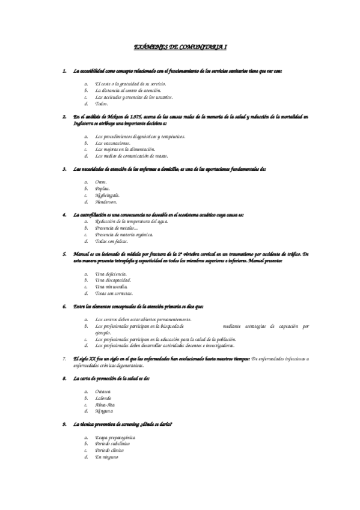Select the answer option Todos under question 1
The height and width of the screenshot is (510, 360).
(x=102, y=103)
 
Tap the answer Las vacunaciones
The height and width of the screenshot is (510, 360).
(x=112, y=143)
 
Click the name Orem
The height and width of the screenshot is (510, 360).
(x=101, y=182)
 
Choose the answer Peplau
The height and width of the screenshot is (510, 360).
(x=102, y=189)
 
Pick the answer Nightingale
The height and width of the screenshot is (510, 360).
(x=107, y=195)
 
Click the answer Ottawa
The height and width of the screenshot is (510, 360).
(x=103, y=392)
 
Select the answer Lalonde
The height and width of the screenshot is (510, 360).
(x=103, y=398)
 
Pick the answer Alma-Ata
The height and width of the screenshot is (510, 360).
(x=105, y=405)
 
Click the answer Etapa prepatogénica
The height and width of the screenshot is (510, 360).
(x=115, y=437)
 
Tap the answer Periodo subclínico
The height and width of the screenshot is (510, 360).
(x=114, y=444)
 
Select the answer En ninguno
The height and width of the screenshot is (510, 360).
(x=107, y=457)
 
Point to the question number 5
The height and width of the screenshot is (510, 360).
(x=64, y=254)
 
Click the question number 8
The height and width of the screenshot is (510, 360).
(x=64, y=379)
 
